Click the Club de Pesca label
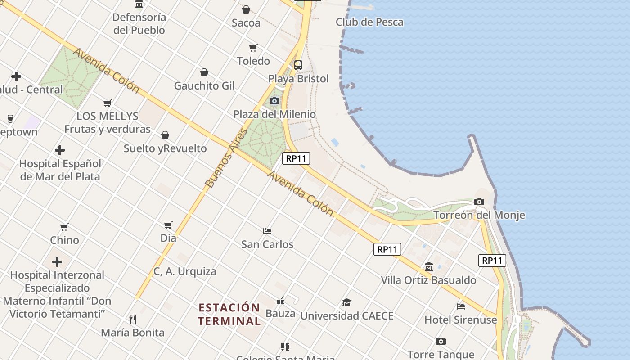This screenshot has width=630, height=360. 369,22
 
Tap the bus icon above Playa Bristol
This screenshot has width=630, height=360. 298,65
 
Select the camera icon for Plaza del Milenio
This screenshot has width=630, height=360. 274,101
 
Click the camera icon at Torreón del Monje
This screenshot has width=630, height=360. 479,202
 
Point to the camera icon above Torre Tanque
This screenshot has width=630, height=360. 441,342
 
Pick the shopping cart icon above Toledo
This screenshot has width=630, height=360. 253,48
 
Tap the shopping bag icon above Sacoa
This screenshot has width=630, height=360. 246,9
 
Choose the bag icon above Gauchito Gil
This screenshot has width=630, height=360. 204,72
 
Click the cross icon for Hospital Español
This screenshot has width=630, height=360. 59,150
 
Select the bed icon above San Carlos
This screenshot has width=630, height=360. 267,231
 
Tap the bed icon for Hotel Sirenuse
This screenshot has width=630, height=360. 461,306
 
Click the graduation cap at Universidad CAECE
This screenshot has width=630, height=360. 346,302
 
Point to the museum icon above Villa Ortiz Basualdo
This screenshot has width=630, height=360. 428,267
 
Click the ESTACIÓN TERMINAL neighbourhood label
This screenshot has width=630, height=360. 229,314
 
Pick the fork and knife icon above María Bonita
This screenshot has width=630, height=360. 132,319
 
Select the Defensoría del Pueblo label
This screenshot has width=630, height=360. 139,24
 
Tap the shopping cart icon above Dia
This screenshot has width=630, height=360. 168,225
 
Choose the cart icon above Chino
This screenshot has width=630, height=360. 64,227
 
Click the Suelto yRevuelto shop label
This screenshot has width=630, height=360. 165,148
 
